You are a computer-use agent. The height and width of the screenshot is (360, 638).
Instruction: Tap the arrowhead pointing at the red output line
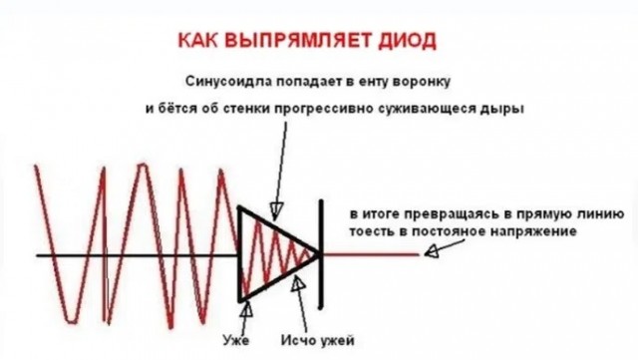point(426,253)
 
